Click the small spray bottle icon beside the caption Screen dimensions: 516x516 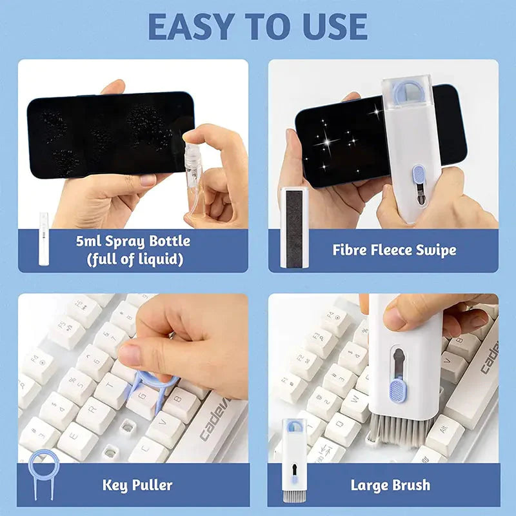coord(44,239)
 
